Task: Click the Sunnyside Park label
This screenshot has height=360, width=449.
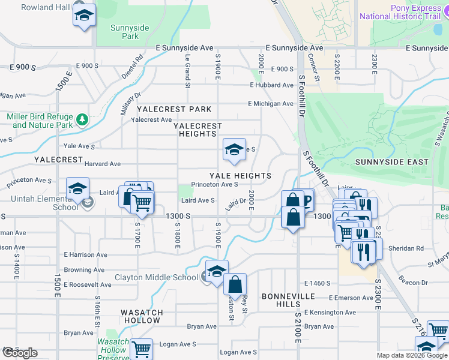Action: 125,32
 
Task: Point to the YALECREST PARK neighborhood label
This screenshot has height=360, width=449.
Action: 174,109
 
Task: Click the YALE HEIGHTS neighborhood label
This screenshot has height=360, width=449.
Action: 240,176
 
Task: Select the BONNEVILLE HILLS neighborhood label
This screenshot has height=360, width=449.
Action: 288,301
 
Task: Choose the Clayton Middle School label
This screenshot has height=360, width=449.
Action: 156,277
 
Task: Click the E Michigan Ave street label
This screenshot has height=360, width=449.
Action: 271,104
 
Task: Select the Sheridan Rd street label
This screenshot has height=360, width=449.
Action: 407,248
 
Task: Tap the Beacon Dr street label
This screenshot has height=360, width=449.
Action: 412,282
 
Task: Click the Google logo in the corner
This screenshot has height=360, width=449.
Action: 20,353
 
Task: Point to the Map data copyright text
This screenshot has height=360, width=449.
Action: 412,355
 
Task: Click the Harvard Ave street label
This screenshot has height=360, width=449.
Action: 103,164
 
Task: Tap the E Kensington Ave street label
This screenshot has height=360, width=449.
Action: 330,312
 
